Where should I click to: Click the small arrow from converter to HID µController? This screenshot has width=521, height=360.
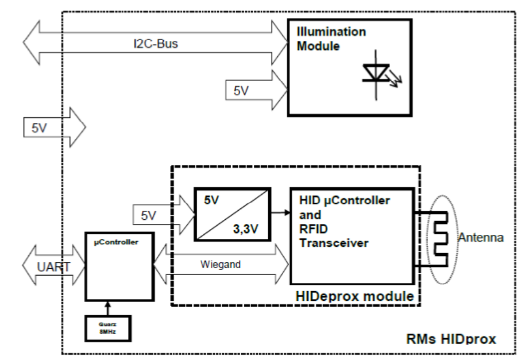click(x=280, y=212)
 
